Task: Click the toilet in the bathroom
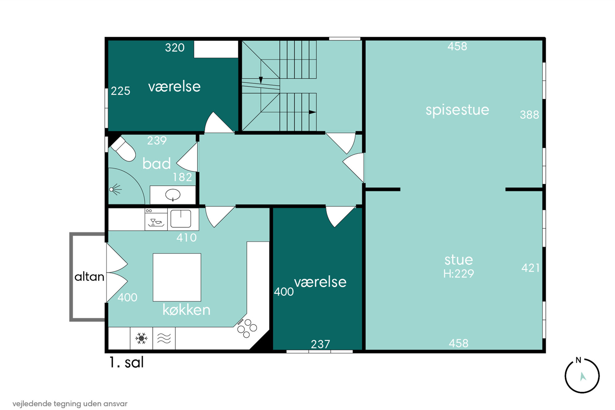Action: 123,149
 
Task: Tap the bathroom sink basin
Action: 173,195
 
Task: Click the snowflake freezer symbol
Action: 141,338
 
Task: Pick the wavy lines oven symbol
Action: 164,338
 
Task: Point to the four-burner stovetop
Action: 247,328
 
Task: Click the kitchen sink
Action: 181,219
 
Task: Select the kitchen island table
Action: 177,277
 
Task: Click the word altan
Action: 89,276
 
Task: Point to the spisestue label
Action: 457,110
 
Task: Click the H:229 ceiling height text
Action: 458,274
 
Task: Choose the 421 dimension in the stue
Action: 530,268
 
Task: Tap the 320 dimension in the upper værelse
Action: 175,47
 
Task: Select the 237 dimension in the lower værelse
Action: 320,344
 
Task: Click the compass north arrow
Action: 583,377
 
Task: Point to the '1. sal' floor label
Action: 126,362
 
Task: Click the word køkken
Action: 186,310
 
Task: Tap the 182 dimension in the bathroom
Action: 182,177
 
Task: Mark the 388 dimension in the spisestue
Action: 529,115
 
